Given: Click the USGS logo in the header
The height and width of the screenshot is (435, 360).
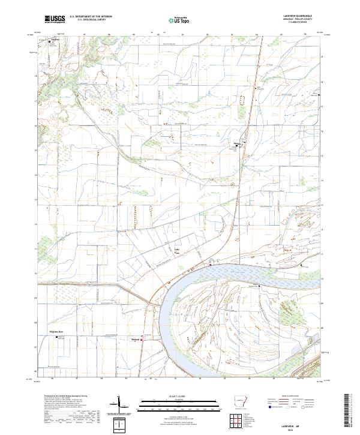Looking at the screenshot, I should pyautogui.click(x=55, y=20).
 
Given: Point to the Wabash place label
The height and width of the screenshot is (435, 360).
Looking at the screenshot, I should pyautogui.click(x=135, y=340).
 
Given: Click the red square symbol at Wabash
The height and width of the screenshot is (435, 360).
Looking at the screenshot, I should pyautogui.click(x=142, y=337).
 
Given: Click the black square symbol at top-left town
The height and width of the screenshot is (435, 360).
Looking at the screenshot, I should pyautogui.click(x=50, y=41).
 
